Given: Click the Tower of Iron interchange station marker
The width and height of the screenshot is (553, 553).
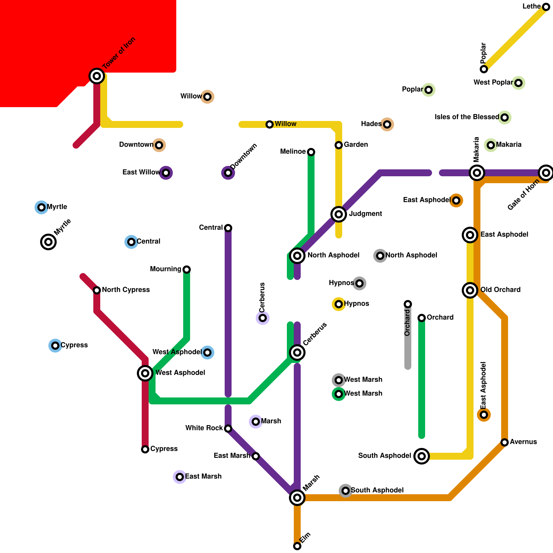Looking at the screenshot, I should pyautogui.click(x=97, y=76).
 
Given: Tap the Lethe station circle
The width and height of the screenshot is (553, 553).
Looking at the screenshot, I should pyautogui.click(x=546, y=7).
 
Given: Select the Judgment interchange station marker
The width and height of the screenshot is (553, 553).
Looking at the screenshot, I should pyautogui.click(x=339, y=214).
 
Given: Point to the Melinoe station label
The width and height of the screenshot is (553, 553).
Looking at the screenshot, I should pyautogui.click(x=293, y=152).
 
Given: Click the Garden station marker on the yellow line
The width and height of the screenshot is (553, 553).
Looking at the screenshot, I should pyautogui.click(x=339, y=145).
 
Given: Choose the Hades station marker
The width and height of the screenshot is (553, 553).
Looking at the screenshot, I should pyautogui.click(x=387, y=124).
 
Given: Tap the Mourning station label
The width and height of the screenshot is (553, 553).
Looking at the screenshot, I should pyautogui.click(x=166, y=269).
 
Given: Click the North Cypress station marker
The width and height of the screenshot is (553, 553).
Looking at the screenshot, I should pyautogui.click(x=97, y=290).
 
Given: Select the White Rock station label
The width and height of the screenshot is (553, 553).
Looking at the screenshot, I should pyautogui.click(x=204, y=428).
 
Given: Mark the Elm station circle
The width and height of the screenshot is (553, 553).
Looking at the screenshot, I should pyautogui.click(x=297, y=546).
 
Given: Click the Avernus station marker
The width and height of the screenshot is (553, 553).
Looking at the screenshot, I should pyautogui.click(x=505, y=442).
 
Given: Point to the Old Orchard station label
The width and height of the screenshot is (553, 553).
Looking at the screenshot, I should pyautogui.click(x=500, y=290).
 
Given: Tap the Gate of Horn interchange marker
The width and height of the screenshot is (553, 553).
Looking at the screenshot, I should pyautogui.click(x=546, y=173).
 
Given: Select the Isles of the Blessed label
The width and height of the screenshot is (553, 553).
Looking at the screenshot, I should pyautogui.click(x=467, y=117).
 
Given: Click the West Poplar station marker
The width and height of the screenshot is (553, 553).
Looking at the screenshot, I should pyautogui.click(x=518, y=83).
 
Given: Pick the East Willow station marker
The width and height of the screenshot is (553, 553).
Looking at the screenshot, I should pyautogui.click(x=166, y=173).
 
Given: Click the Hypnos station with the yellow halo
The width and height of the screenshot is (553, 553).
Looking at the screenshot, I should pyautogui.click(x=339, y=304).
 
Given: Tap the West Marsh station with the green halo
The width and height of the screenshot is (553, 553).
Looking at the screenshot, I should pyautogui.click(x=339, y=394).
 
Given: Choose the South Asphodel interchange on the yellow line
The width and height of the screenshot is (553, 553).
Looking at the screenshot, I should pyautogui.click(x=422, y=456).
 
